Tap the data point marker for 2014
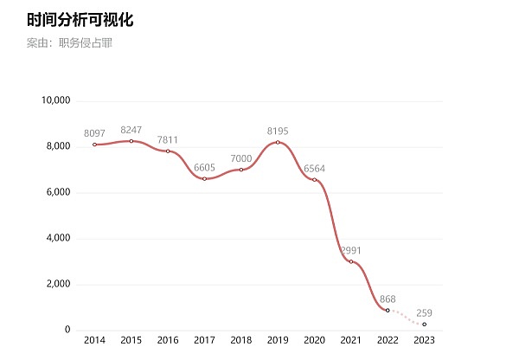(x=94, y=145)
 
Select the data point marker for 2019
(x=278, y=142)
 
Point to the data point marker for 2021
(x=351, y=261)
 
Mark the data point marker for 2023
(x=424, y=324)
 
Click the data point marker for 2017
(x=204, y=178)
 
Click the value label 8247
(x=131, y=130)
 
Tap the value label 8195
(x=278, y=131)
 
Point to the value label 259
(x=424, y=312)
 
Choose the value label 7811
(x=168, y=139)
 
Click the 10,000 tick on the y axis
(x=55, y=100)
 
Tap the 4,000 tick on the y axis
(x=58, y=238)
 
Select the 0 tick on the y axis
(x=67, y=330)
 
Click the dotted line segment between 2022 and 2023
(x=406, y=318)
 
